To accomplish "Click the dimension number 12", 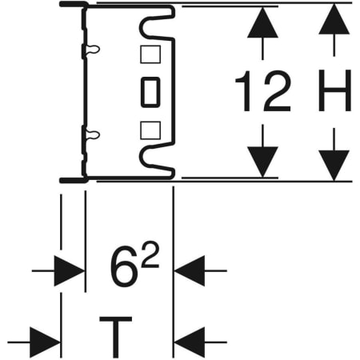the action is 263,91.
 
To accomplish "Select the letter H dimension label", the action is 334,90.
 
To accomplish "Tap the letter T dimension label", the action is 115,337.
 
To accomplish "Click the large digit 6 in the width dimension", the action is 122,267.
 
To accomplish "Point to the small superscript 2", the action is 150,254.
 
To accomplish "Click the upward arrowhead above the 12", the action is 262,22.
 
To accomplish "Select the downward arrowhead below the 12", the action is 262,162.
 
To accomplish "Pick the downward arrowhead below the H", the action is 334,166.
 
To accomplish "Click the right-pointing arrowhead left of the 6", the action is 70,271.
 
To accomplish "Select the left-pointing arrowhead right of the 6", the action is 190,271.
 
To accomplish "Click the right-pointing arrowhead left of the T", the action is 45,342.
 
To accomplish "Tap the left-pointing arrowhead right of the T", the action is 190,342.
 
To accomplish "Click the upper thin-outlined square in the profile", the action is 150,54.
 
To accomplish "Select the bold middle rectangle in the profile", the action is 150,92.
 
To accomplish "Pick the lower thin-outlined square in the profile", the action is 150,130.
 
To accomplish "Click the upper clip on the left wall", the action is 90,50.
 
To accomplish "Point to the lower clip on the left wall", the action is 90,135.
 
